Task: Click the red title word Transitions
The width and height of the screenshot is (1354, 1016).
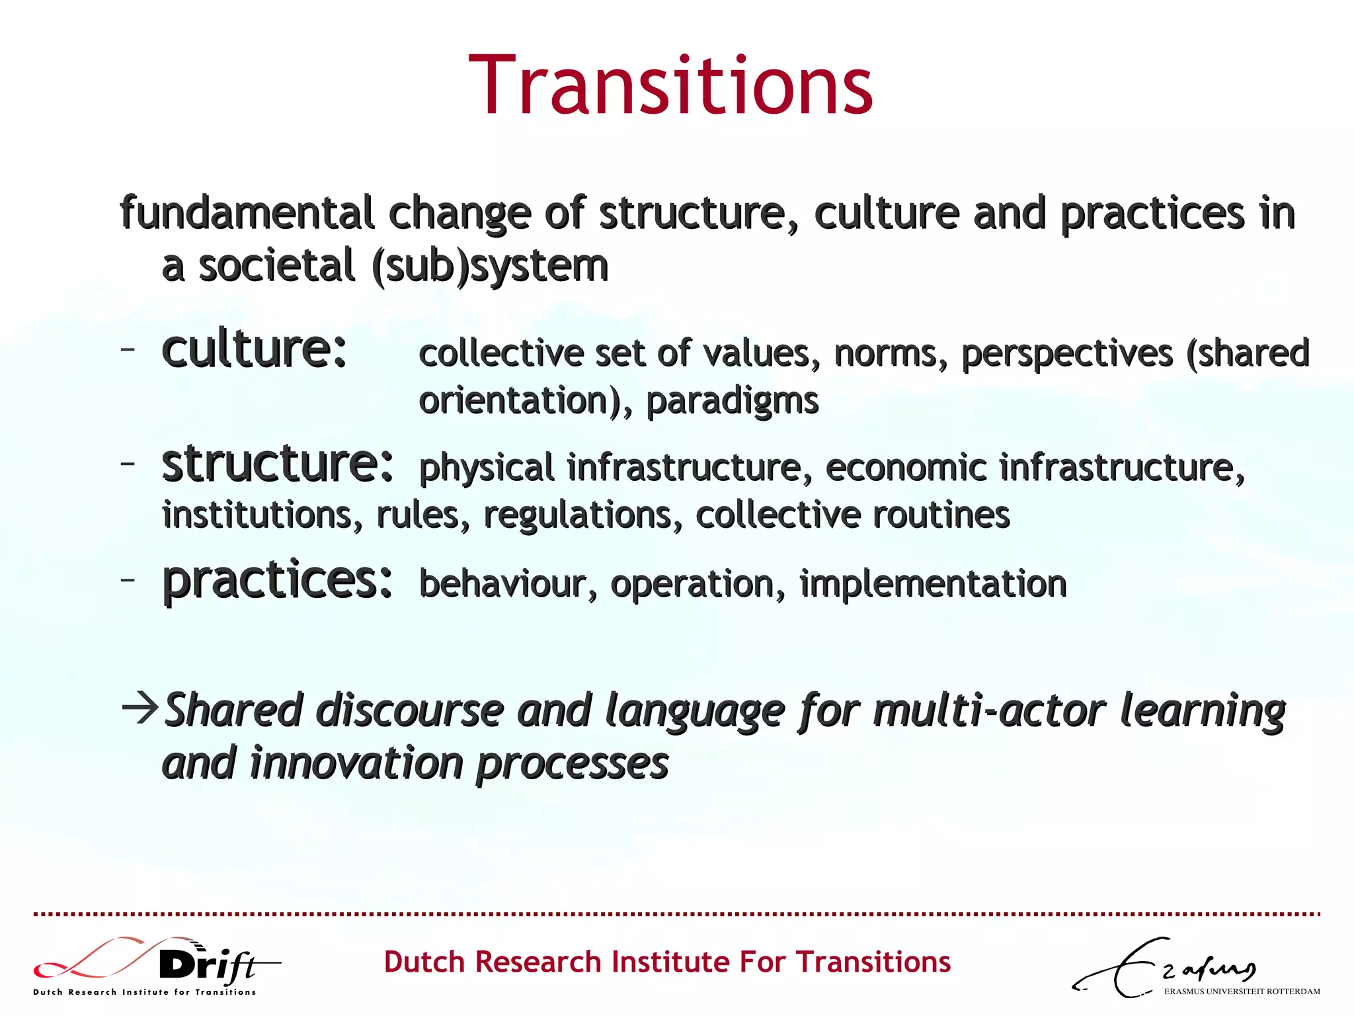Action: [x=670, y=86]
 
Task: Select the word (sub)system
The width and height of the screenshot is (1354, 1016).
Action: [x=490, y=266]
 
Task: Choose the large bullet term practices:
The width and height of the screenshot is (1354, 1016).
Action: [x=278, y=580]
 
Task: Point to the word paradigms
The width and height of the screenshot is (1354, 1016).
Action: [x=732, y=402]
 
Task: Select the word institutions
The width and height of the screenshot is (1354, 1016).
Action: [x=262, y=515]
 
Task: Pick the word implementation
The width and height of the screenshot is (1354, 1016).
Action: [x=933, y=584]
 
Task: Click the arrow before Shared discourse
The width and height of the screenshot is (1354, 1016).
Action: [x=140, y=708]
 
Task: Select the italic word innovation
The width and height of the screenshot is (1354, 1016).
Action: [x=357, y=763]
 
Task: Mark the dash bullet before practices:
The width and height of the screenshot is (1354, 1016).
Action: [x=128, y=579]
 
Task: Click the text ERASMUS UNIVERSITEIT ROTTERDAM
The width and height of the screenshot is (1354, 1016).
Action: [x=1242, y=992]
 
